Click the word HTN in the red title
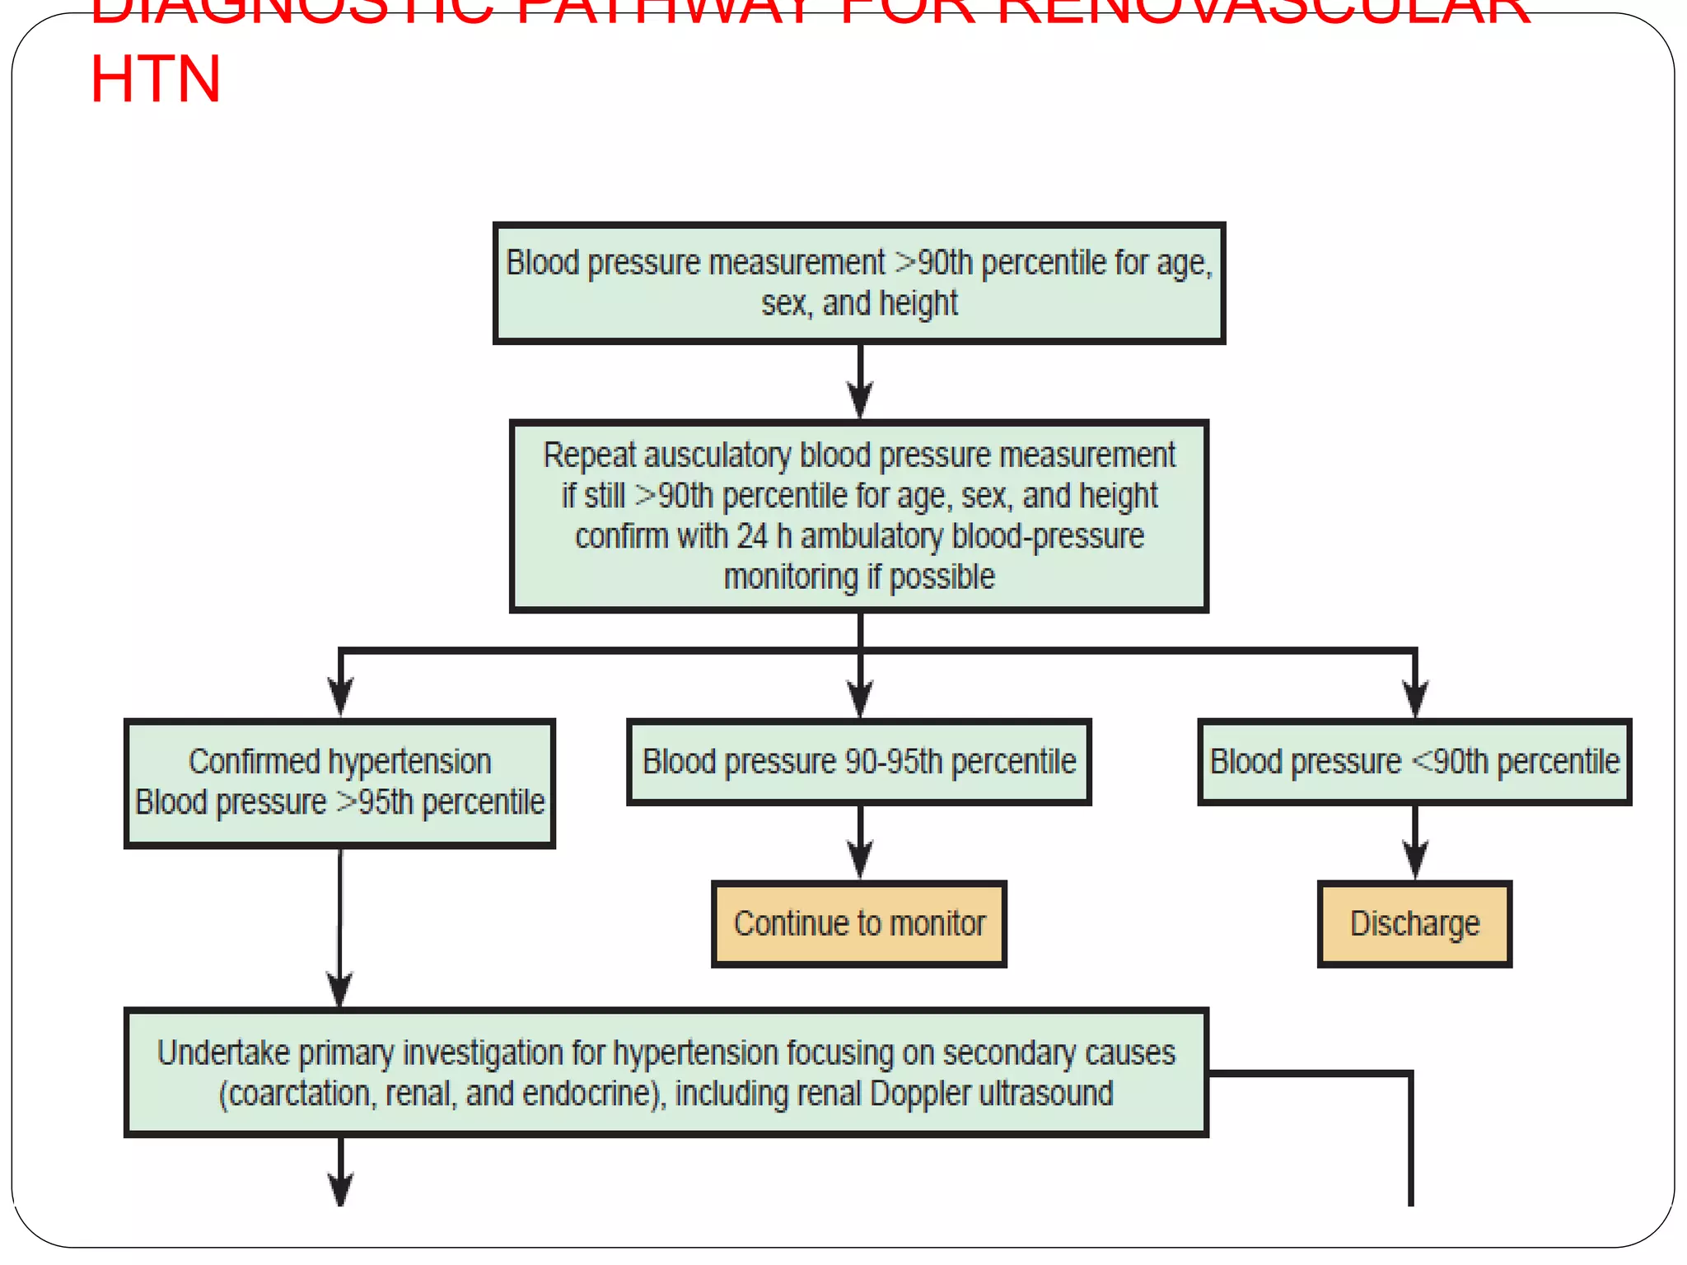click(x=155, y=80)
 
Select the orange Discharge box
click(x=1414, y=923)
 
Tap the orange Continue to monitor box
click(x=859, y=923)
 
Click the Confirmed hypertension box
click(x=339, y=782)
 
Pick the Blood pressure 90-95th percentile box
click(x=859, y=762)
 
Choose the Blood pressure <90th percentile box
click(x=1414, y=762)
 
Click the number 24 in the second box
click(x=751, y=537)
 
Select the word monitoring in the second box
click(x=790, y=577)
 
